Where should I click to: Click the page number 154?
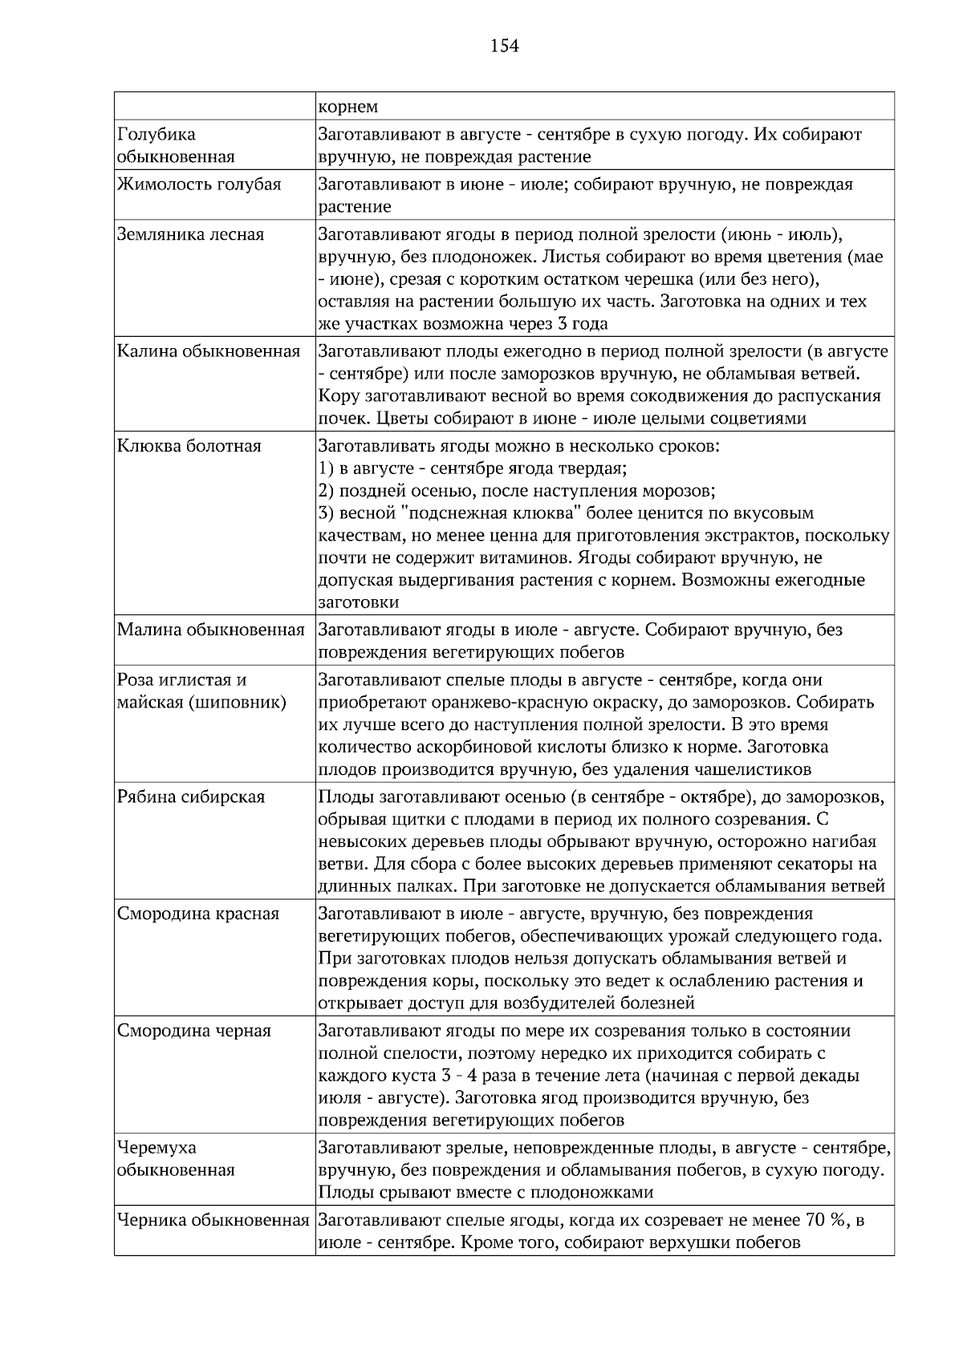pos(505,47)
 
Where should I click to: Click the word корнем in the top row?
pos(348,107)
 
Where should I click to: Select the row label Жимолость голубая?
pos(199,184)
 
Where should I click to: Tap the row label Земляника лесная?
pos(190,235)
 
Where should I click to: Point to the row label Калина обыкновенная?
pos(209,351)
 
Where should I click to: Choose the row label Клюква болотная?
pos(189,446)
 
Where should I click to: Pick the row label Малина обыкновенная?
pos(211,630)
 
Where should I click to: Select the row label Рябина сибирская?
pos(191,797)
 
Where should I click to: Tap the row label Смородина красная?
pos(198,914)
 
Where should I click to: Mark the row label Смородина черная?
pos(194,1031)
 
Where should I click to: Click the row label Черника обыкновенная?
pos(213,1221)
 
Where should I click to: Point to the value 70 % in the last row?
pos(827,1221)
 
